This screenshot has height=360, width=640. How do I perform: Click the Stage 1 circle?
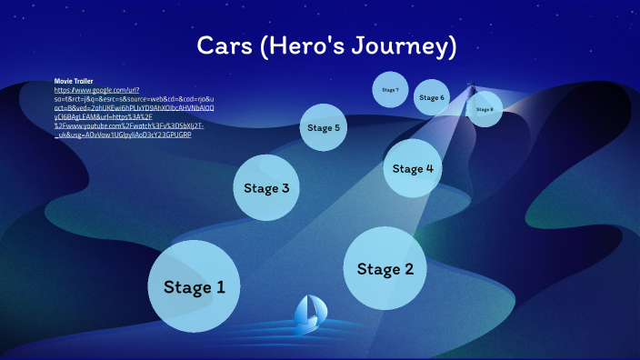point(194,287)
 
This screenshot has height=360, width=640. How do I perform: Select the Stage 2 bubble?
point(385,269)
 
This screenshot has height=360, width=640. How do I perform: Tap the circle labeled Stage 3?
point(266,188)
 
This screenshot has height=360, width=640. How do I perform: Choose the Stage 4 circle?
point(413,168)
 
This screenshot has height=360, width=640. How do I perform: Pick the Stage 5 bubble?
point(324,128)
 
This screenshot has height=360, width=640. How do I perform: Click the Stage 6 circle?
point(431,97)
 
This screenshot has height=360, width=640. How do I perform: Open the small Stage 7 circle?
point(390,90)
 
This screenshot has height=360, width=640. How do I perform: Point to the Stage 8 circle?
point(485,109)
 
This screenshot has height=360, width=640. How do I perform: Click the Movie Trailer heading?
point(74,82)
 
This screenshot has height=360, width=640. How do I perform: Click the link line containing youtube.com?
point(126,125)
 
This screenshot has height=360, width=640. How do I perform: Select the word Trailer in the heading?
point(84,82)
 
